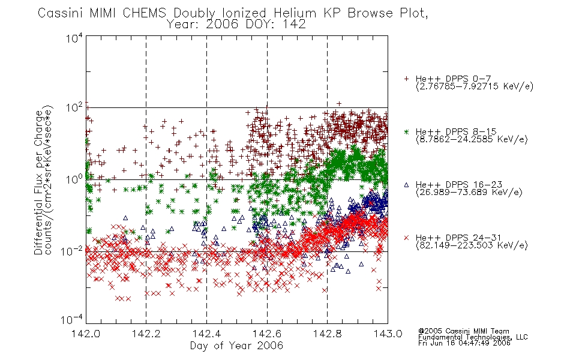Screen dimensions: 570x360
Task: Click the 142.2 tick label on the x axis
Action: pyautogui.click(x=146, y=334)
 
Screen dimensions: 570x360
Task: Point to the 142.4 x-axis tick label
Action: pyautogui.click(x=206, y=334)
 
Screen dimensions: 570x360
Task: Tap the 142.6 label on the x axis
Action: pyautogui.click(x=267, y=334)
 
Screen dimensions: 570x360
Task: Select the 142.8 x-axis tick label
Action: pyautogui.click(x=328, y=334)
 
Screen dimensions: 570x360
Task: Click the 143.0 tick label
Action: pyautogui.click(x=388, y=334)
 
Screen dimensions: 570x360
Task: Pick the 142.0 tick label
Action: pyautogui.click(x=86, y=334)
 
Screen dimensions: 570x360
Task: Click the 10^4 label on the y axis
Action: pyautogui.click(x=74, y=37)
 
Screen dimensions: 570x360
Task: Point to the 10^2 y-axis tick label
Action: pyautogui.click(x=74, y=108)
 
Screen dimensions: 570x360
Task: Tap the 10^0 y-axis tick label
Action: pyautogui.click(x=74, y=179)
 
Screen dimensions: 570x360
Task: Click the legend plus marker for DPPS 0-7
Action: pyautogui.click(x=406, y=79)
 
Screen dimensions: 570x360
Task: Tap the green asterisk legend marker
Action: pyautogui.click(x=406, y=131)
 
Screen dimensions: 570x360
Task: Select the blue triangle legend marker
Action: pyautogui.click(x=406, y=185)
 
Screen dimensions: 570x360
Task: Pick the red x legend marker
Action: pyautogui.click(x=406, y=238)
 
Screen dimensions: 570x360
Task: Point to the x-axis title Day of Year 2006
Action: pyautogui.click(x=236, y=346)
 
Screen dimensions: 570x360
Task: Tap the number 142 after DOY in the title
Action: pyautogui.click(x=296, y=25)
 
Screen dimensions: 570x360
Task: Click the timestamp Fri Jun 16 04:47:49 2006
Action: pyautogui.click(x=464, y=343)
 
